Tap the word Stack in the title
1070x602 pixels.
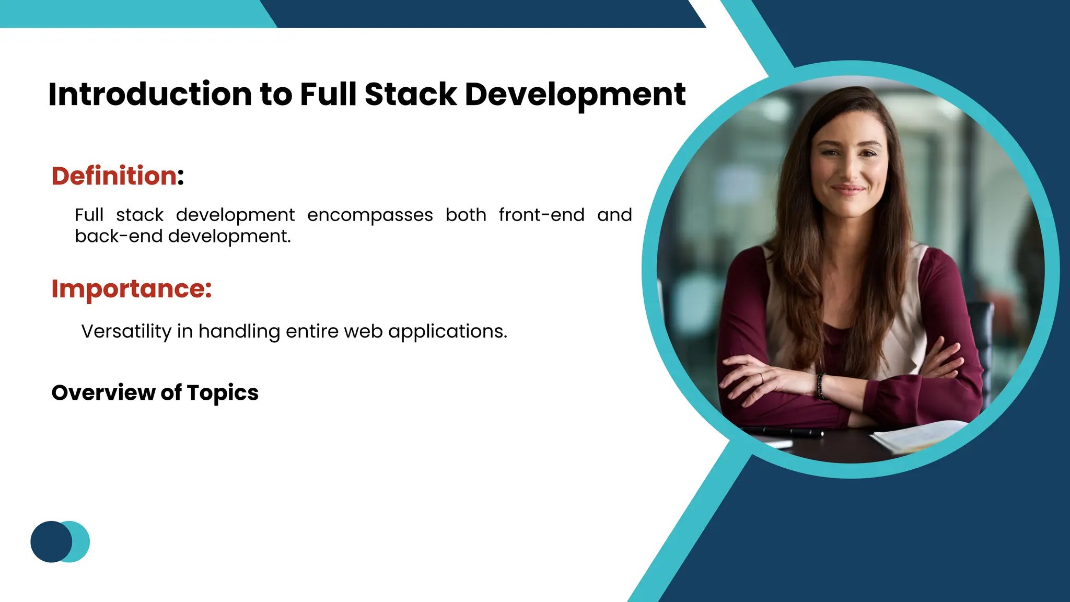click(x=411, y=95)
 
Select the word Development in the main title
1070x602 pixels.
click(x=575, y=95)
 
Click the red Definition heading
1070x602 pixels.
click(x=114, y=176)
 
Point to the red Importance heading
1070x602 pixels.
click(x=131, y=289)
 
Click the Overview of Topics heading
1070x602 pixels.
click(x=155, y=393)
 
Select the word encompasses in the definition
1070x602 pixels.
click(x=370, y=215)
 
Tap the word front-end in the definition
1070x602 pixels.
click(x=541, y=215)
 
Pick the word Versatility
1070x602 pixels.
click(x=126, y=331)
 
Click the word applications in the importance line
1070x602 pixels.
click(x=447, y=331)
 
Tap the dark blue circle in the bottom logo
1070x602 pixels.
click(x=50, y=541)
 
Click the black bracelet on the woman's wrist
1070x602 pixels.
click(x=820, y=386)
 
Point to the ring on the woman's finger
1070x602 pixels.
click(x=762, y=378)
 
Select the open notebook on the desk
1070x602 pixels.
click(x=920, y=435)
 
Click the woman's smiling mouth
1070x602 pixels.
click(x=847, y=189)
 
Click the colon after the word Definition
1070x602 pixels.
click(x=181, y=177)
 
